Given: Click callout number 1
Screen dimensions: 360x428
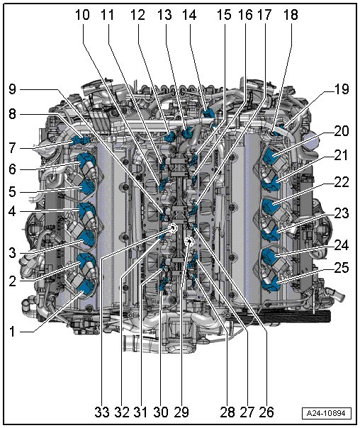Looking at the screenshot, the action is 12,332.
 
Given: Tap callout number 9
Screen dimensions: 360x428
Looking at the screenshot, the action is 12,89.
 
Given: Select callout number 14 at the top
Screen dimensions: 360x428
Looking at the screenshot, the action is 189,15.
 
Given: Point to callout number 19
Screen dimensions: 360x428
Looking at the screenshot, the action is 341,89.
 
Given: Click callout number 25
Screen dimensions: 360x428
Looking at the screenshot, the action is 341,268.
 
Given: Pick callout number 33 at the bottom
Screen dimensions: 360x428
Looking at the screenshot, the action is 102,412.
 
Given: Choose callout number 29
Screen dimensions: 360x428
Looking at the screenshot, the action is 181,412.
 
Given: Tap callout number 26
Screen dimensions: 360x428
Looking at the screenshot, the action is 266,412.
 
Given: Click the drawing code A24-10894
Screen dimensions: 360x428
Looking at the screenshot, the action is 326,413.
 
